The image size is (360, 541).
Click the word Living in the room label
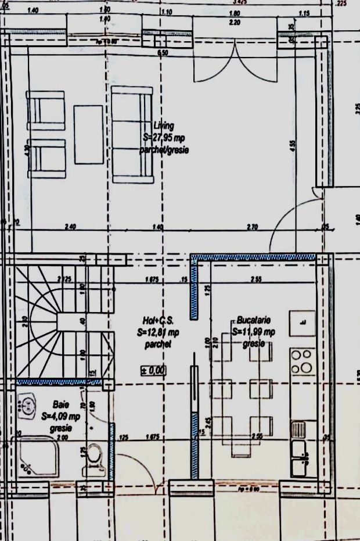click(x=164, y=126)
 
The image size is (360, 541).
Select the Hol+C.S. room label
click(x=158, y=321)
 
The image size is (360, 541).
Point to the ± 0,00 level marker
click(x=153, y=370)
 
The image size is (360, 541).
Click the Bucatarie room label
click(x=254, y=320)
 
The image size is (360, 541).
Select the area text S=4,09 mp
click(x=61, y=416)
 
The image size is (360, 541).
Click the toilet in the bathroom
click(x=92, y=460)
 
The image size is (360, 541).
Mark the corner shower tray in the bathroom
click(x=37, y=457)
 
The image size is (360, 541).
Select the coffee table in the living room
click(x=88, y=135)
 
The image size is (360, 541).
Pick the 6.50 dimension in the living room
click(x=163, y=53)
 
